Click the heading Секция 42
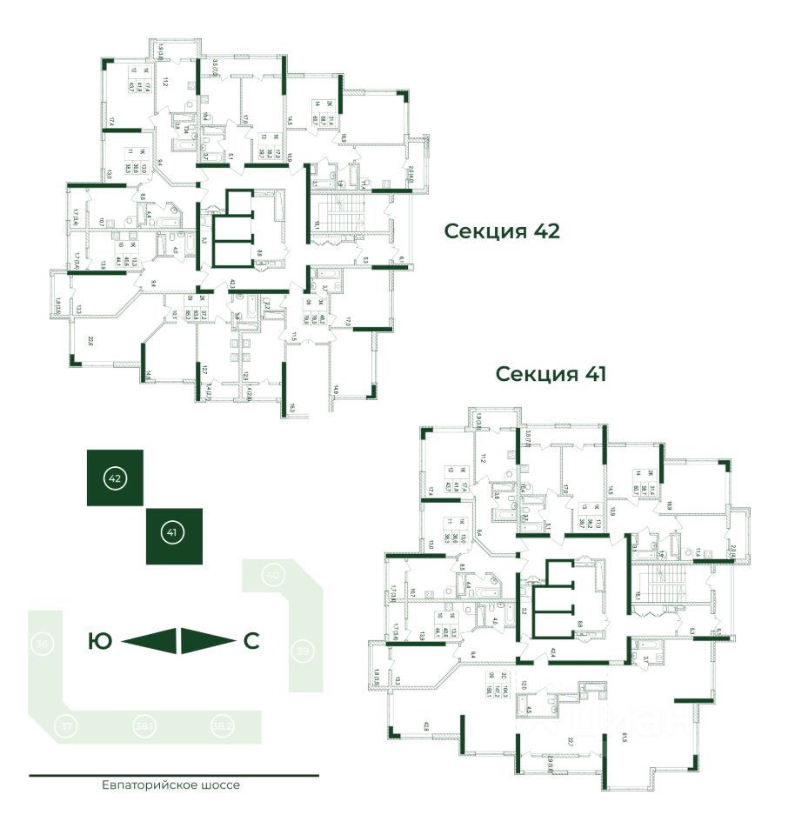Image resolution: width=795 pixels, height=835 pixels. [x=500, y=231]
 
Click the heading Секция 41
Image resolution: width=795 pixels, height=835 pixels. [x=550, y=374]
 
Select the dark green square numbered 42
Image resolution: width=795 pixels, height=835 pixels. [x=115, y=478]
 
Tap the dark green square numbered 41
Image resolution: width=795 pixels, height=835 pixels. [x=174, y=535]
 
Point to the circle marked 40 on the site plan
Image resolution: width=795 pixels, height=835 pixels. [x=273, y=575]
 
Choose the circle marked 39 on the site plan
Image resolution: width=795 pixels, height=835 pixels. [x=303, y=651]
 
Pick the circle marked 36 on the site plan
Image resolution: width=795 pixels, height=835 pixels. [x=41, y=645]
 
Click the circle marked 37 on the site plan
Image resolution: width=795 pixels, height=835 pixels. [x=65, y=725]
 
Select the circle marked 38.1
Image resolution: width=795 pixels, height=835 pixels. [x=144, y=724]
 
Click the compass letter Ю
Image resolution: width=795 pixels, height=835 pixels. [x=101, y=642]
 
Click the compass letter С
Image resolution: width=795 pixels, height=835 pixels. [x=251, y=642]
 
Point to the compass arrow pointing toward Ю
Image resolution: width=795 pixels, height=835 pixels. [x=150, y=641]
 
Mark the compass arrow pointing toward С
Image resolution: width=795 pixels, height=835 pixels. [x=207, y=641]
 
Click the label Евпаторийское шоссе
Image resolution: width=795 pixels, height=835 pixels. [x=170, y=785]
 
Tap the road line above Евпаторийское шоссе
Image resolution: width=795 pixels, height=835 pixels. [x=174, y=774]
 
